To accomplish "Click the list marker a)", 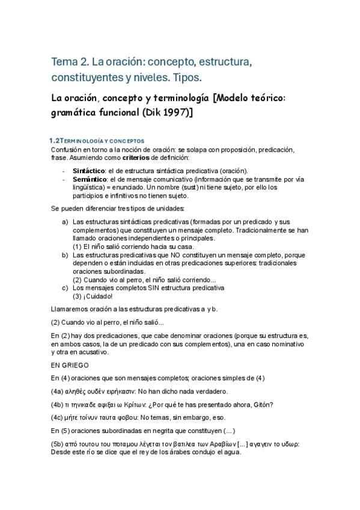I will pyautogui.click(x=65, y=222).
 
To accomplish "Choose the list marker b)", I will pyautogui.click(x=65, y=255).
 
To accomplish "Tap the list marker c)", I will pyautogui.click(x=65, y=287).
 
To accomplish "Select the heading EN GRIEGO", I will pyautogui.click(x=70, y=364).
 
